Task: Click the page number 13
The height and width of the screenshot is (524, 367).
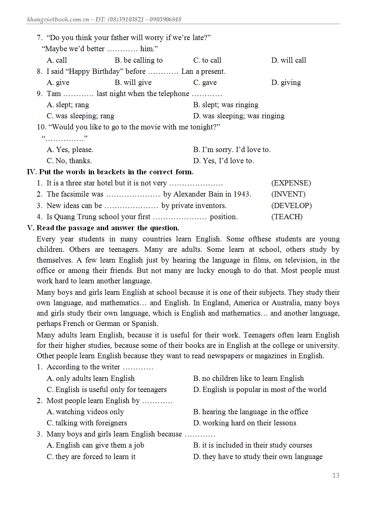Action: pyautogui.click(x=336, y=475)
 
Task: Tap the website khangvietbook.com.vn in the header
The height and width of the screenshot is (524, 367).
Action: pyautogui.click(x=58, y=19)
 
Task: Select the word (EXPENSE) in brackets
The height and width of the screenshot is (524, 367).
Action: pyautogui.click(x=291, y=183)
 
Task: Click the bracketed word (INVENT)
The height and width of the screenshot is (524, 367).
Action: pyautogui.click(x=288, y=194)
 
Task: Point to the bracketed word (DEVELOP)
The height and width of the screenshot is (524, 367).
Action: pyautogui.click(x=291, y=205)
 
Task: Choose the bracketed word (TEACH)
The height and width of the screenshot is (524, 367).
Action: pyautogui.click(x=287, y=217)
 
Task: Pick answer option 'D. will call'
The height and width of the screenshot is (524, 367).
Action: pyautogui.click(x=288, y=60)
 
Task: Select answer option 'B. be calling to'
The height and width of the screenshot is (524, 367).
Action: pyautogui.click(x=139, y=60)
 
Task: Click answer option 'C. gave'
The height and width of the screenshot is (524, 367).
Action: pyautogui.click(x=205, y=82)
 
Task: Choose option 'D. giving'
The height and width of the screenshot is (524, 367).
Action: pyautogui.click(x=286, y=82)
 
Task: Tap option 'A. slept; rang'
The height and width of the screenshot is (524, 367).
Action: pyautogui.click(x=68, y=105)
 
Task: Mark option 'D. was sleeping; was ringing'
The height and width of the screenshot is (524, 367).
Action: pyautogui.click(x=238, y=116)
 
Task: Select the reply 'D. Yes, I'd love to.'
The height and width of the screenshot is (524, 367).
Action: pyautogui.click(x=223, y=161)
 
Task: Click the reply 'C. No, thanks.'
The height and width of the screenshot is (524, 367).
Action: pyautogui.click(x=69, y=161)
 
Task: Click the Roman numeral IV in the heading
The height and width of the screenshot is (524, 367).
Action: pyautogui.click(x=31, y=172)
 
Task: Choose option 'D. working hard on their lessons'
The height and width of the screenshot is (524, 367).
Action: pyautogui.click(x=244, y=423)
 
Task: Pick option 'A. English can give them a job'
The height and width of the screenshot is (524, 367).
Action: pyautogui.click(x=95, y=445)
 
